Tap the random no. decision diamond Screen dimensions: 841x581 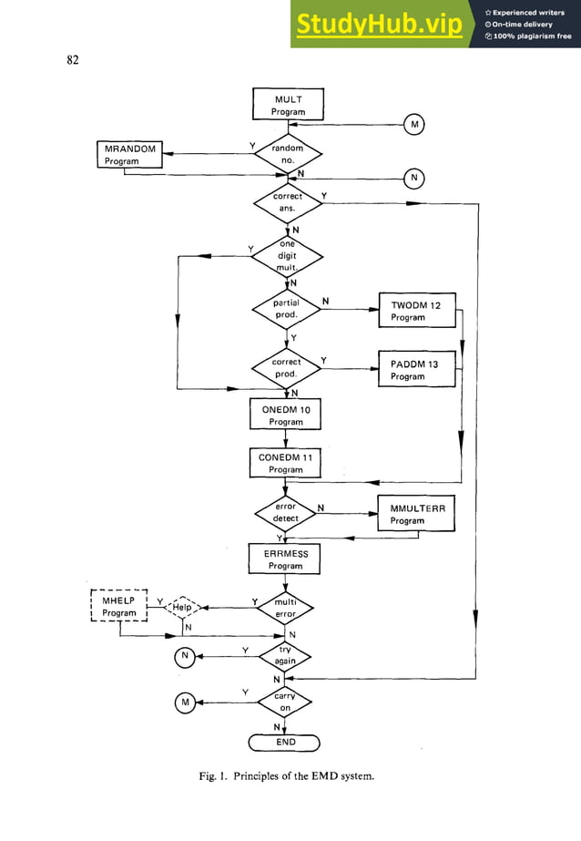point(287,154)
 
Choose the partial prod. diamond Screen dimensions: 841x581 point(287,309)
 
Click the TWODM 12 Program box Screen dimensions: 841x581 point(415,311)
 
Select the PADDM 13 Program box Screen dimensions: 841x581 point(415,370)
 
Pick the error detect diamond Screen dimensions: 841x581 point(287,512)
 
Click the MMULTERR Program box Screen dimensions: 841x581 point(415,514)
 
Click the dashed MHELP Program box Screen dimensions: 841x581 point(119,607)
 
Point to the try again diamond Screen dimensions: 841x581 point(287,655)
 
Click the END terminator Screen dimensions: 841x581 point(287,743)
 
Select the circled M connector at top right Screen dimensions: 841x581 point(414,124)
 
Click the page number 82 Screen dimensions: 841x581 point(72,60)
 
